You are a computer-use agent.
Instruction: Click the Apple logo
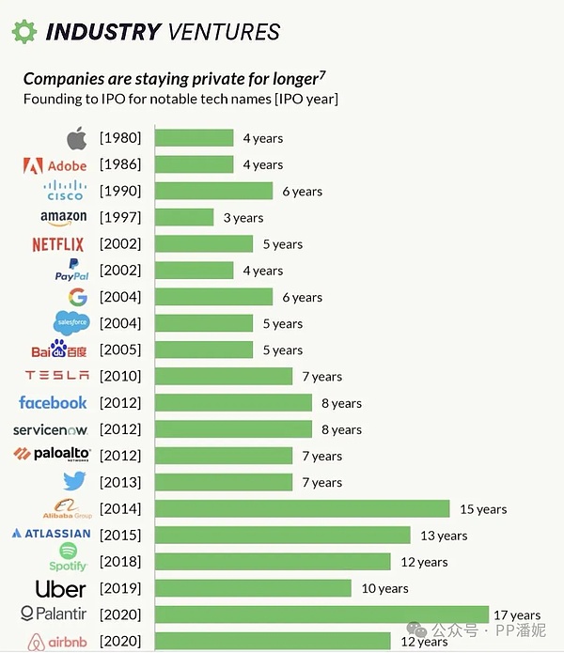pos(76,138)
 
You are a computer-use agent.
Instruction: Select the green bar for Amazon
pos(184,217)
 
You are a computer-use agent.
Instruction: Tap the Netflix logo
pos(57,244)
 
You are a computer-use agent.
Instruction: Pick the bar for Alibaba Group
pos(302,508)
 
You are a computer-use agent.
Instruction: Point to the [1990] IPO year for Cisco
pos(120,191)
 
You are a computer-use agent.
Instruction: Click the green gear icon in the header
pos(24,31)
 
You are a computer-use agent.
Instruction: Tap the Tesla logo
pos(56,376)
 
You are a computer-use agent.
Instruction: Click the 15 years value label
pos(483,509)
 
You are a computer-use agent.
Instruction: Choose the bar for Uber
pos(253,588)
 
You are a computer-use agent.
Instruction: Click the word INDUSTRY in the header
pos(103,31)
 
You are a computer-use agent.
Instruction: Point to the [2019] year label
pos(120,588)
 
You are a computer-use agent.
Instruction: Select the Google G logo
pos(77,297)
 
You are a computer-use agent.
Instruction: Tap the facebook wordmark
pos(53,402)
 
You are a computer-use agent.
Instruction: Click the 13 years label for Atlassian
pos(444,536)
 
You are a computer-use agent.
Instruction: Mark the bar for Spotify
pos(273,562)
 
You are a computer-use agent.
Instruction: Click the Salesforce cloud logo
pos(70,323)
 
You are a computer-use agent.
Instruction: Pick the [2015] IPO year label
pos(120,535)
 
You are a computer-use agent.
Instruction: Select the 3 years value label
pos(243,218)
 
